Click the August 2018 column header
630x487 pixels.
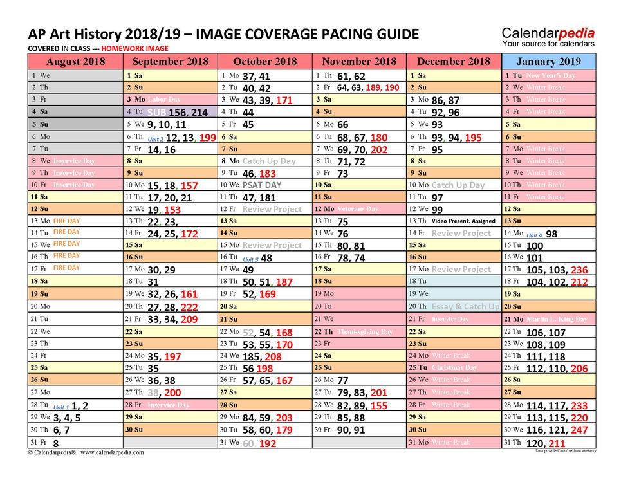click(x=75, y=62)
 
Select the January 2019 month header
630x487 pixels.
click(x=549, y=62)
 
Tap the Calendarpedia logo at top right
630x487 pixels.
click(x=548, y=37)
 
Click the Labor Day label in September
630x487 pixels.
click(x=164, y=100)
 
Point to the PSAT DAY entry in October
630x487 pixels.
click(x=262, y=185)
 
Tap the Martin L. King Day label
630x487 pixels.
click(x=557, y=319)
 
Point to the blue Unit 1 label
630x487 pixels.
click(x=61, y=407)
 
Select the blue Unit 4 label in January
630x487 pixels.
click(x=534, y=235)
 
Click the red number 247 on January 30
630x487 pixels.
click(x=579, y=430)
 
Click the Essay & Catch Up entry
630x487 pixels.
click(x=465, y=307)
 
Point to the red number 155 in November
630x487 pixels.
click(x=379, y=405)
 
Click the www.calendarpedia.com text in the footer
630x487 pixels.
click(x=112, y=452)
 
